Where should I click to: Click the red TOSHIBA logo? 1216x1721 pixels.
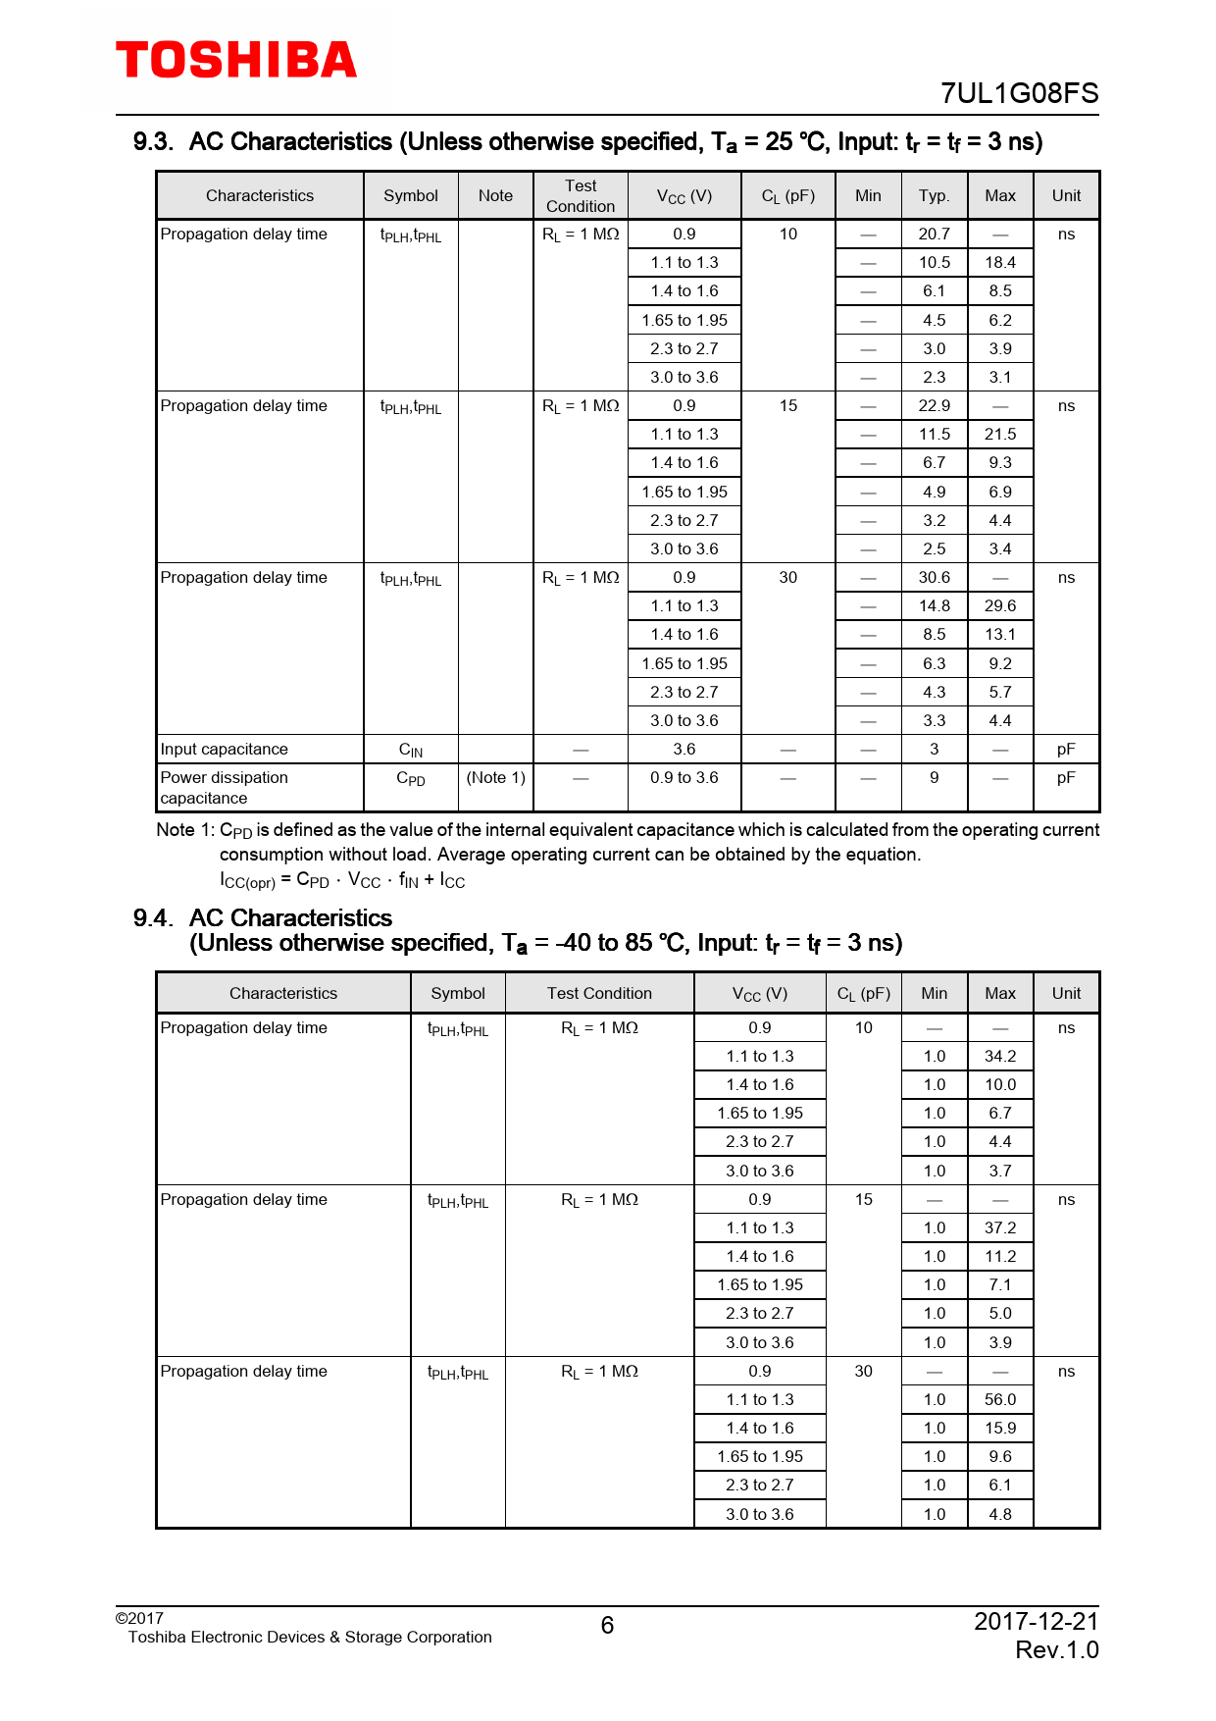(x=236, y=61)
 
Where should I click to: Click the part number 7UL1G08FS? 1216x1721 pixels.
(x=1019, y=93)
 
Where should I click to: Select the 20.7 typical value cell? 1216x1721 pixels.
(x=934, y=235)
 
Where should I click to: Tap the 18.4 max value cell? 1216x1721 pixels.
(x=1000, y=263)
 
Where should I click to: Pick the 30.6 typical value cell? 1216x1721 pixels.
(x=934, y=578)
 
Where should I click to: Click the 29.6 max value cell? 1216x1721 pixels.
(x=1000, y=606)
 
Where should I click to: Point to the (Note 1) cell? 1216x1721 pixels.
(x=495, y=778)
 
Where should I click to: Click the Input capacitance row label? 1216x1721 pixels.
(x=225, y=750)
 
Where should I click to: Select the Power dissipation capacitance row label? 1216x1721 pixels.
(x=225, y=788)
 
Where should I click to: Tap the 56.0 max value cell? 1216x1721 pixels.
(x=1000, y=1400)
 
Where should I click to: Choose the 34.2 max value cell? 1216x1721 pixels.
(x=1000, y=1057)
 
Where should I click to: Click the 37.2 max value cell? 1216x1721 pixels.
(x=1000, y=1228)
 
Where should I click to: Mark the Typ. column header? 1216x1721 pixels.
(x=934, y=196)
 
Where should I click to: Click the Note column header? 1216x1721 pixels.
(x=495, y=196)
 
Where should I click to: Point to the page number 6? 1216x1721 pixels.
(x=607, y=1626)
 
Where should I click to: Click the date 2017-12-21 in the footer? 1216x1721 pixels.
(x=1036, y=1622)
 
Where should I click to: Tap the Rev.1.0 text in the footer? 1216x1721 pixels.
(x=1056, y=1650)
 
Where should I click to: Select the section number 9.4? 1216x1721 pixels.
(x=153, y=918)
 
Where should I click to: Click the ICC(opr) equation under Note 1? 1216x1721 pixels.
(x=342, y=880)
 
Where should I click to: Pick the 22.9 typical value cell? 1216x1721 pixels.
(x=934, y=406)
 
